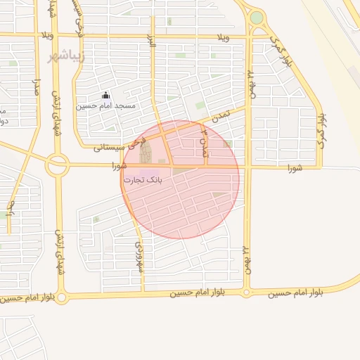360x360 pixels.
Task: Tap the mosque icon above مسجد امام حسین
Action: pyautogui.click(x=106, y=95)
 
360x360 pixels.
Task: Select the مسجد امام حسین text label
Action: pyautogui.click(x=117, y=105)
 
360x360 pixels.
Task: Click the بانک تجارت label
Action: pyautogui.click(x=143, y=180)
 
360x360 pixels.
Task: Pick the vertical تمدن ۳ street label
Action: pyautogui.click(x=205, y=142)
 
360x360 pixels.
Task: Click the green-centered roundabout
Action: pyautogui.click(x=257, y=18)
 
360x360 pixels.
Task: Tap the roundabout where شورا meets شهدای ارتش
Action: pyautogui.click(x=57, y=166)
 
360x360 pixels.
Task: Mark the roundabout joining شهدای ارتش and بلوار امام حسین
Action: pyautogui.click(x=62, y=298)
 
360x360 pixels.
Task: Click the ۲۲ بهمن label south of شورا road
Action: pyautogui.click(x=247, y=260)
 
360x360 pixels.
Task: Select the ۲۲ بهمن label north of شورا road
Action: pyautogui.click(x=250, y=81)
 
